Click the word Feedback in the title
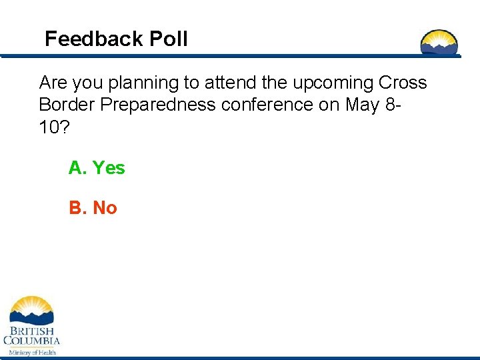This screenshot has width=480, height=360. click(94, 39)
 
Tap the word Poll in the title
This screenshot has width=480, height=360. click(169, 39)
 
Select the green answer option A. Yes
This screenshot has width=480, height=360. click(97, 168)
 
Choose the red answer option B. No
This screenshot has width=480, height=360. click(93, 208)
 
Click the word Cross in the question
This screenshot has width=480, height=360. click(403, 83)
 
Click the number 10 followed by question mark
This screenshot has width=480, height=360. click(53, 127)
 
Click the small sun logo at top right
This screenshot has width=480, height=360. click(439, 42)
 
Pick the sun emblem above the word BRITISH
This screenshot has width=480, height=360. click(31, 310)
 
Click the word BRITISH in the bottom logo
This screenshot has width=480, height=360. click(31, 331)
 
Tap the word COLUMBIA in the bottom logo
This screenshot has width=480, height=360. click(31, 341)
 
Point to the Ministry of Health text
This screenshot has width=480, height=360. click(31, 352)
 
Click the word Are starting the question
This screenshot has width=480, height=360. click(53, 83)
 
